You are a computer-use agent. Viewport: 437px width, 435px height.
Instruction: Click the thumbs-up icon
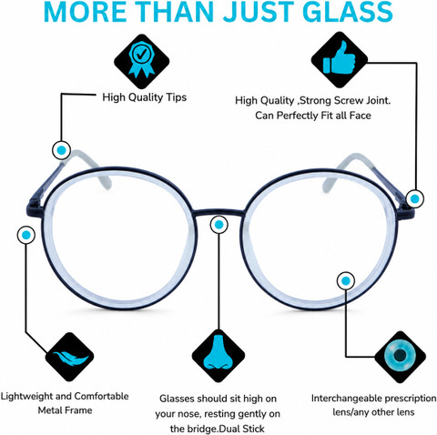pyautogui.click(x=339, y=58)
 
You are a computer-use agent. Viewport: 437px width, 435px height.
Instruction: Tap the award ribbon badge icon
pyautogui.click(x=141, y=59)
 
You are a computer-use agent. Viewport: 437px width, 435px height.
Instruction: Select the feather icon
pyautogui.click(x=70, y=358)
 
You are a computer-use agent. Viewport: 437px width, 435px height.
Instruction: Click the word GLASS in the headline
pyautogui.click(x=347, y=12)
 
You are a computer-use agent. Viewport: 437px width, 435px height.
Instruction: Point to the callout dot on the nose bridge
pyautogui.click(x=218, y=225)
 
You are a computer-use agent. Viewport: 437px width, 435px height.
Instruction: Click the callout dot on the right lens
pyautogui.click(x=346, y=281)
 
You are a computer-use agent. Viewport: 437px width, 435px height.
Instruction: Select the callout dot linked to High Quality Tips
pyautogui.click(x=61, y=150)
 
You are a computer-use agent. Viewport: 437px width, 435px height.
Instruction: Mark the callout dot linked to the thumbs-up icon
pyautogui.click(x=415, y=198)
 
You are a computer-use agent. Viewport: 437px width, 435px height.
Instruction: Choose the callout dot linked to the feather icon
pyautogui.click(x=26, y=235)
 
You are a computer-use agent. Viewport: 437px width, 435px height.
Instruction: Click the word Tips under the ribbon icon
pyautogui.click(x=176, y=97)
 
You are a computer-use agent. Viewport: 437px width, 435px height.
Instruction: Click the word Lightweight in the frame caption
pyautogui.click(x=27, y=397)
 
